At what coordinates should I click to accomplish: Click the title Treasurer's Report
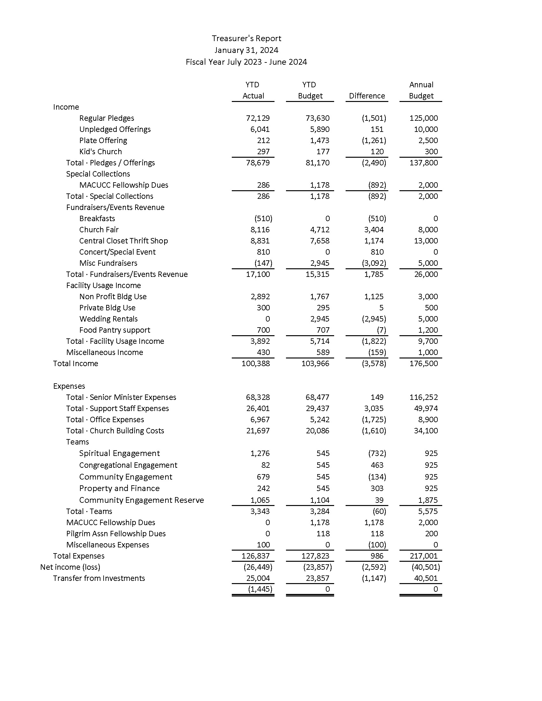point(246,39)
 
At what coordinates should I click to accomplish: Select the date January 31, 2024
point(246,50)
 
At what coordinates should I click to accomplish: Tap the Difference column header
point(367,96)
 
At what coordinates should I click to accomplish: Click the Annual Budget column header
point(421,90)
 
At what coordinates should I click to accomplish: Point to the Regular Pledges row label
point(106,118)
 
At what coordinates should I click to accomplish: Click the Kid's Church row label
point(100,151)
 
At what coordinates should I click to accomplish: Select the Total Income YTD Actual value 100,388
point(256,364)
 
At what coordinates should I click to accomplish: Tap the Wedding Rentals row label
point(108,319)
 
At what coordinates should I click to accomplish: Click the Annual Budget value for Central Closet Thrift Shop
point(426,241)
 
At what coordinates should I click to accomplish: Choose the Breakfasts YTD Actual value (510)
point(263,219)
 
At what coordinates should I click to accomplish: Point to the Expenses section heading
point(69,386)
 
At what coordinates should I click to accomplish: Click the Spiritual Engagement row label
point(120,453)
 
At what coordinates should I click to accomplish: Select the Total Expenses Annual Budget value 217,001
point(423,556)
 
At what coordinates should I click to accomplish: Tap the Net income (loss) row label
point(70,567)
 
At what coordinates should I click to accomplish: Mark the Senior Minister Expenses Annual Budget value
point(423,397)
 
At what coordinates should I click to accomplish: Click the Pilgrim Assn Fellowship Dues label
point(116,534)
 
